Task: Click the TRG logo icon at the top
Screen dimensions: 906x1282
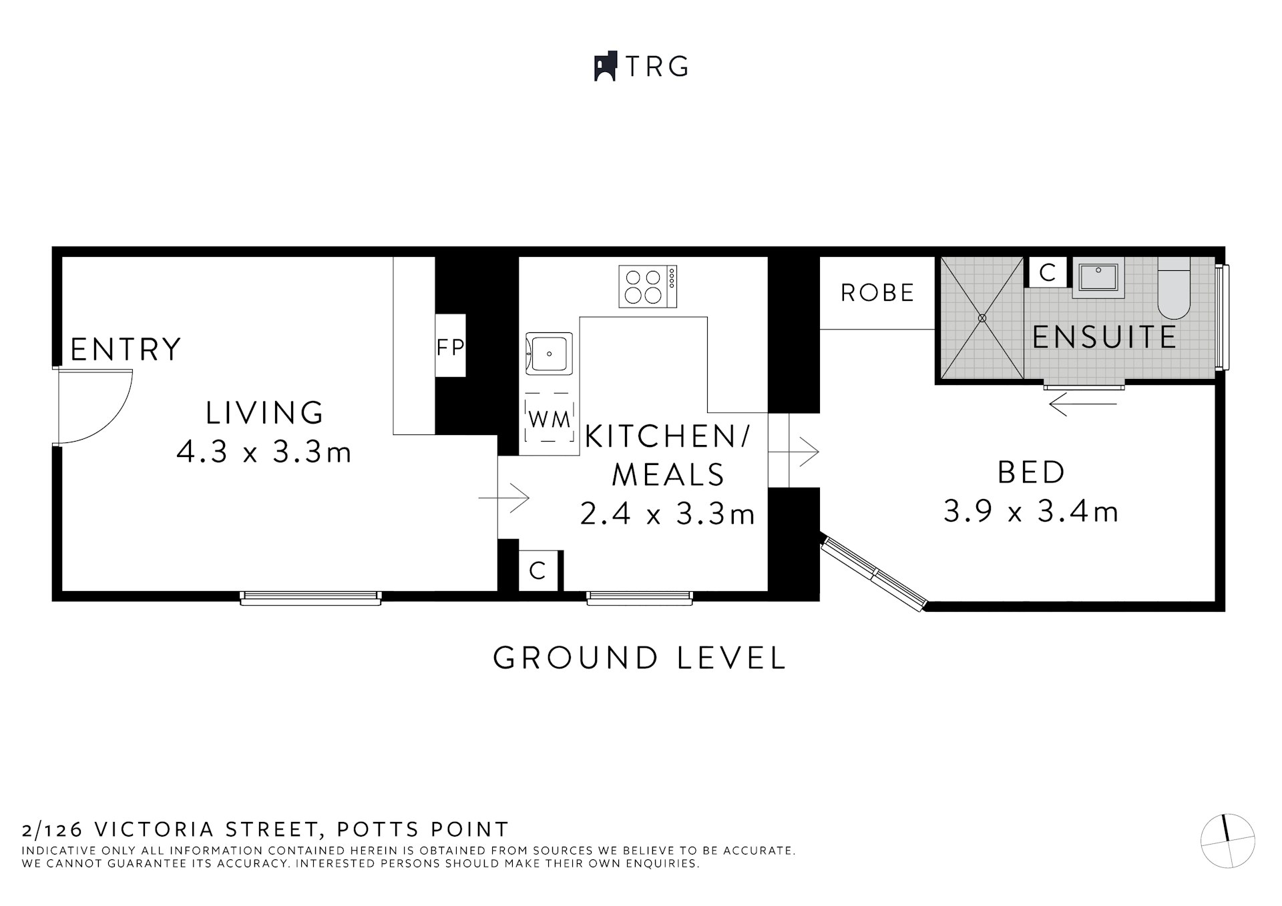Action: [604, 67]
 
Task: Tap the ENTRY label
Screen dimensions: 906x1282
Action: [126, 350]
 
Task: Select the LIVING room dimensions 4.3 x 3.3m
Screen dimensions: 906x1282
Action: [264, 453]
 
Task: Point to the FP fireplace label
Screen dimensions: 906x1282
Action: [450, 347]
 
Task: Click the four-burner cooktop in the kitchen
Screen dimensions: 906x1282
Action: [648, 286]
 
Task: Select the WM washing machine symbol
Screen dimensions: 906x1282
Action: [549, 420]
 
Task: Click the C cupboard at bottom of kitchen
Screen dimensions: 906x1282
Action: [538, 571]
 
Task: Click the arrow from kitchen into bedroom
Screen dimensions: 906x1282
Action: [795, 452]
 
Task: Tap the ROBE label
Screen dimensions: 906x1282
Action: [877, 293]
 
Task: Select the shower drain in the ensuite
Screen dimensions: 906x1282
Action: [982, 318]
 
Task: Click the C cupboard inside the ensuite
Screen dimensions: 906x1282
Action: [1047, 272]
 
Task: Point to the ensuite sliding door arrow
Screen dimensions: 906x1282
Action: [1083, 404]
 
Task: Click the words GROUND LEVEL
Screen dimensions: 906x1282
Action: [640, 658]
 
